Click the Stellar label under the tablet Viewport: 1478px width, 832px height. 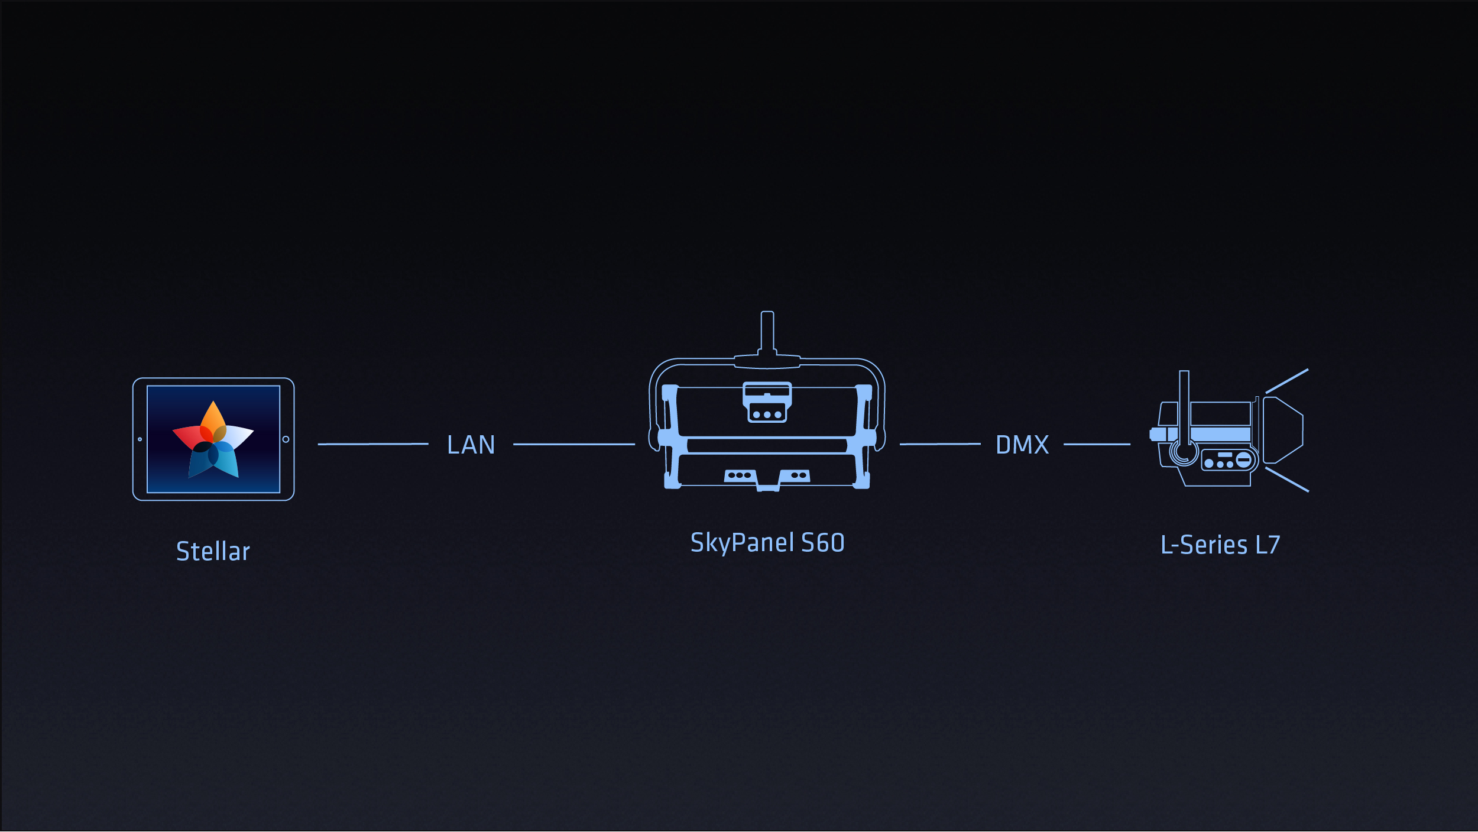point(213,551)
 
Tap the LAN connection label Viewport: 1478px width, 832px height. point(471,445)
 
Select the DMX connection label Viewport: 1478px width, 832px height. point(1022,445)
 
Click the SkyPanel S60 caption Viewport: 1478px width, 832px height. point(767,543)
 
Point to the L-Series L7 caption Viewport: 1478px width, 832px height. point(1220,545)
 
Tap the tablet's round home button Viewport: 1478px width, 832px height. point(286,439)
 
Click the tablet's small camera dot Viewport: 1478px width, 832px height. point(140,439)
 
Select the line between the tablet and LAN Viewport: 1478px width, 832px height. point(373,444)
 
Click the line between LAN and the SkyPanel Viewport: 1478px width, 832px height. point(574,444)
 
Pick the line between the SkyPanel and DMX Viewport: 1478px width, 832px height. point(940,444)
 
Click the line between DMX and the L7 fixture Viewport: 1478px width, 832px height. point(1097,444)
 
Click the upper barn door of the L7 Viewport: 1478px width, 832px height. point(1286,381)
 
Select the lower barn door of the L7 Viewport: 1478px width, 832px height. point(1287,480)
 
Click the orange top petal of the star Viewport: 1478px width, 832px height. point(213,419)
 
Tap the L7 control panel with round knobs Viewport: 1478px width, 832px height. point(1229,460)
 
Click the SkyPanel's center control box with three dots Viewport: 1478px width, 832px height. point(767,403)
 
